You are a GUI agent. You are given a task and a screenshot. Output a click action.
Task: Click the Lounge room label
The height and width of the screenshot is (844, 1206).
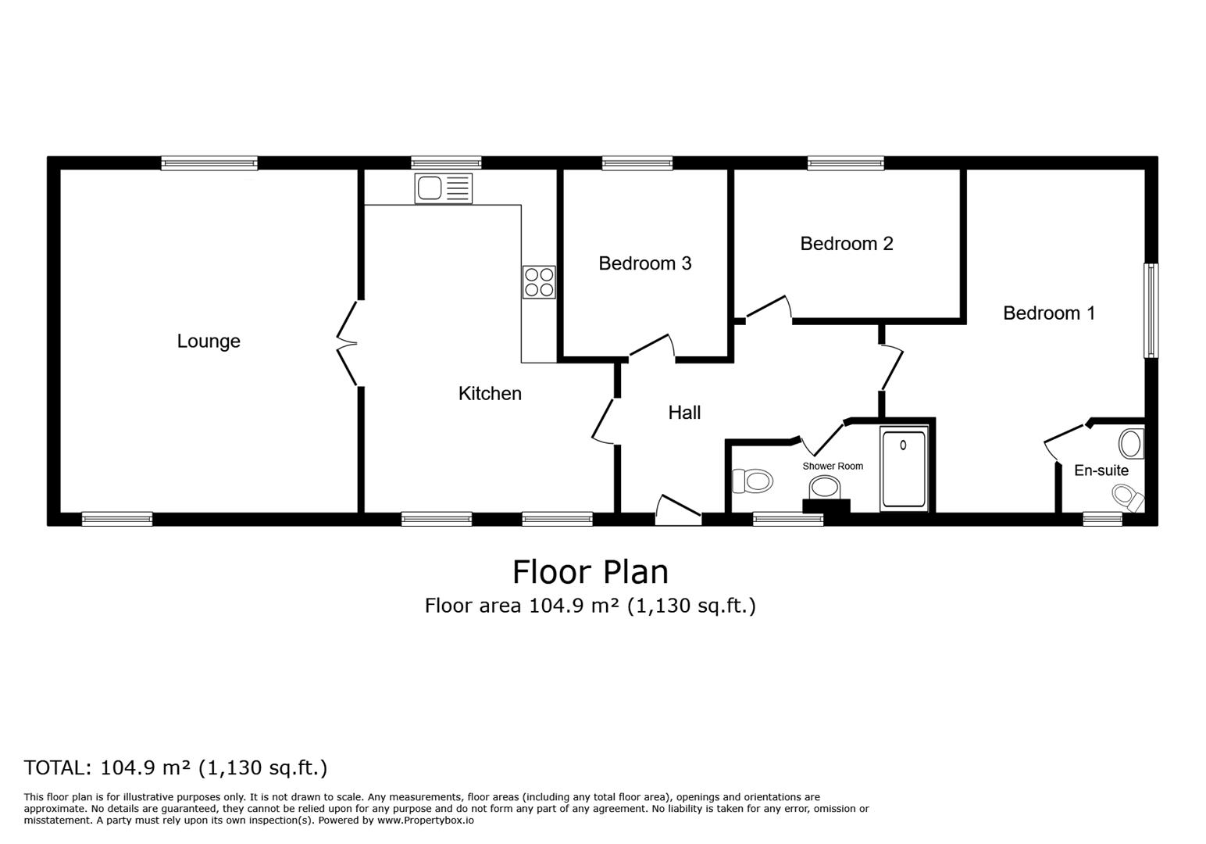click(x=209, y=342)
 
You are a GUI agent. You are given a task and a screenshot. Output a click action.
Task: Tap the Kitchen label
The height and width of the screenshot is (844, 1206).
click(x=490, y=394)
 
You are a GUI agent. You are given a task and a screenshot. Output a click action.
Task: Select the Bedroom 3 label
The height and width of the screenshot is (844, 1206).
click(x=644, y=264)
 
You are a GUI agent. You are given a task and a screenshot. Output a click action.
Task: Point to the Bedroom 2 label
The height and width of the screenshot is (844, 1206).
click(x=846, y=244)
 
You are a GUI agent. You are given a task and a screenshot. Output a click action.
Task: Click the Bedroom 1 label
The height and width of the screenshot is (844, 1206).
click(x=1048, y=313)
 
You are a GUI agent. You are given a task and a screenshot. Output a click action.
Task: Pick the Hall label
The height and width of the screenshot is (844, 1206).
click(x=684, y=413)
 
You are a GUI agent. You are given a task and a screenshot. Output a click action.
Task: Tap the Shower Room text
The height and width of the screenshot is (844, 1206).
click(x=833, y=467)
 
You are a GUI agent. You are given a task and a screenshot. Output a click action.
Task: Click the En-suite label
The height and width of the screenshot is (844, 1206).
click(x=1101, y=470)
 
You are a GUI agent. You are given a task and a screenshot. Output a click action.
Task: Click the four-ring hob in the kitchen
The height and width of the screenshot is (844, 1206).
click(x=539, y=282)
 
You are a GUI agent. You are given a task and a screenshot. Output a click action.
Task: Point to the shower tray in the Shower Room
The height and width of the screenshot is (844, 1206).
click(x=904, y=469)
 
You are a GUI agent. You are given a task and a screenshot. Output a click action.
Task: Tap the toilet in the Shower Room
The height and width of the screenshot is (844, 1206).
click(x=752, y=481)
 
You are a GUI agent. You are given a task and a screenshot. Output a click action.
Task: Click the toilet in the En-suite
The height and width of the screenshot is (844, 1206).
click(x=1127, y=496)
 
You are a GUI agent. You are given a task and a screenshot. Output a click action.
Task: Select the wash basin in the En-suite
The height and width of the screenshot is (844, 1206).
click(x=1130, y=443)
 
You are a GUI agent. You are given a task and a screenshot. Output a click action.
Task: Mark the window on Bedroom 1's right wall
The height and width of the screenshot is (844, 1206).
click(x=1151, y=310)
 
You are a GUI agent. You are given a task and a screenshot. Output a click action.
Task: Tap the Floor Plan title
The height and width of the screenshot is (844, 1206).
click(x=590, y=572)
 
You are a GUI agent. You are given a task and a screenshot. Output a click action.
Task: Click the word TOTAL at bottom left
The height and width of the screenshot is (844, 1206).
click(x=57, y=767)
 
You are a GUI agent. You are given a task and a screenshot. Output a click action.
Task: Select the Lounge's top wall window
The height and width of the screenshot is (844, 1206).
click(x=209, y=163)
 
